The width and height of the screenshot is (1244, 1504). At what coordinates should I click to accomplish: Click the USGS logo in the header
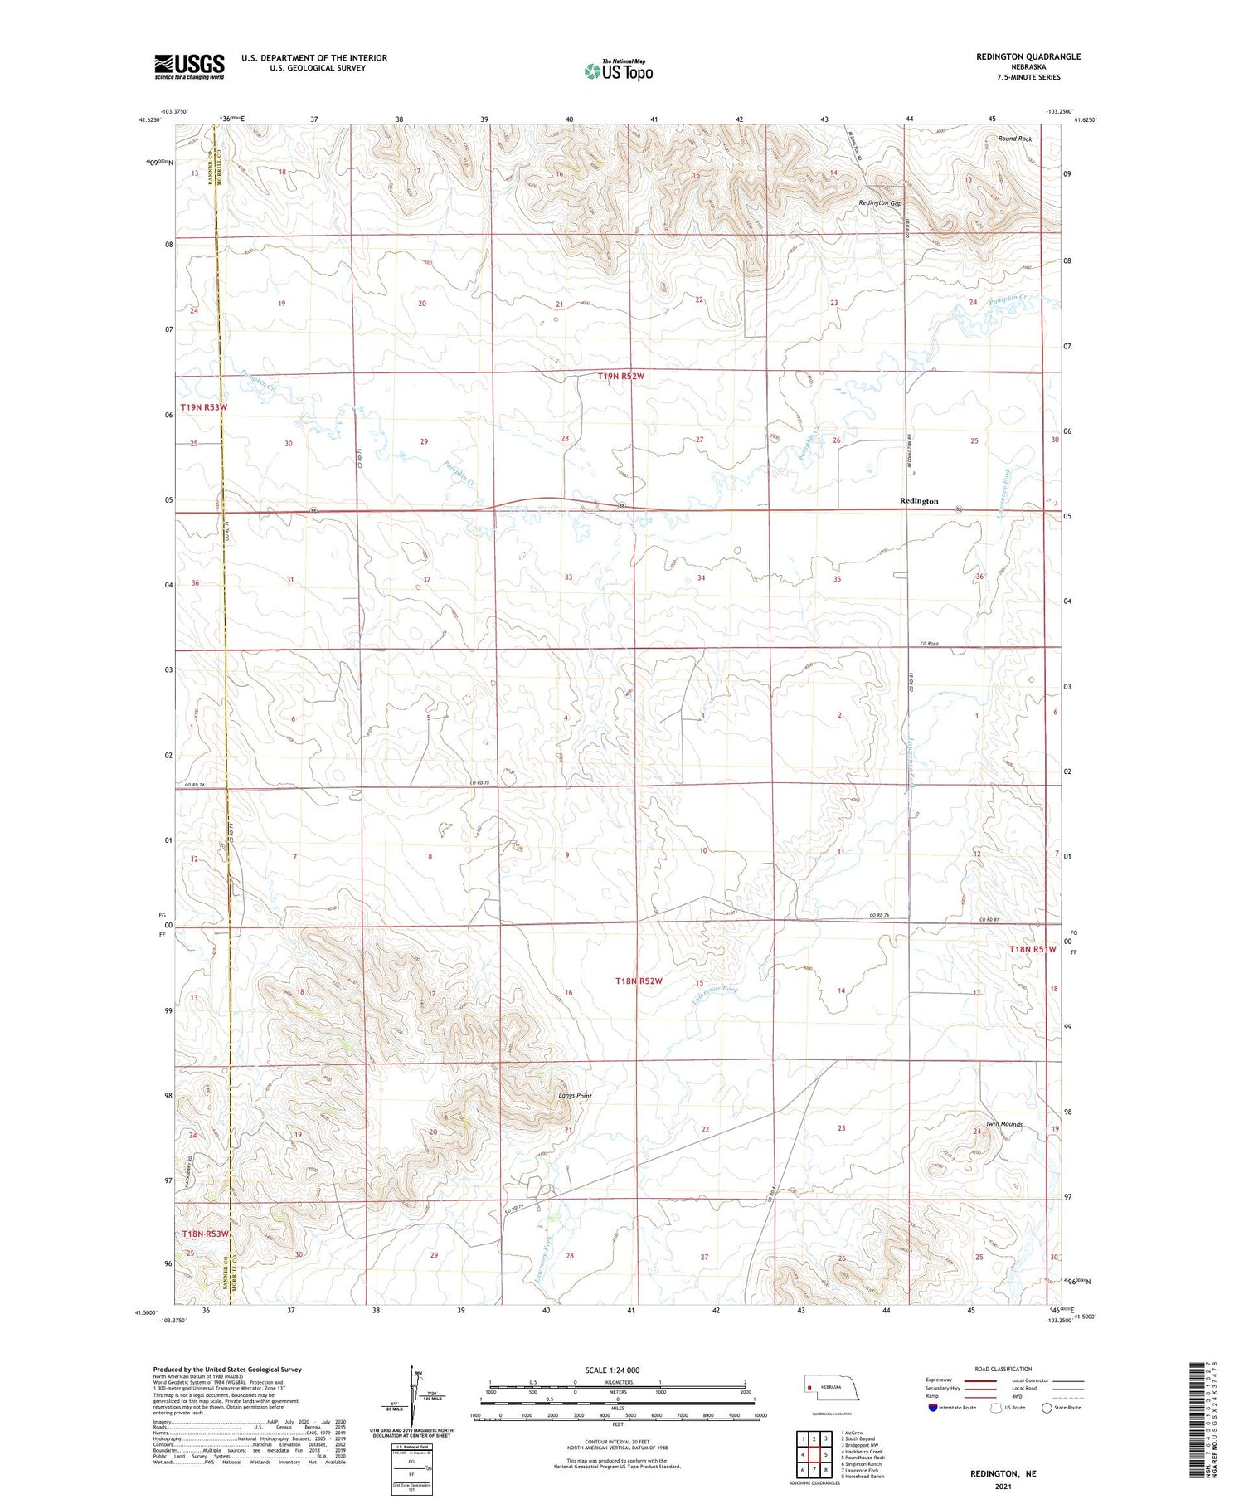189,66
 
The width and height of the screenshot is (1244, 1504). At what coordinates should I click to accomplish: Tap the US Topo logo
618,71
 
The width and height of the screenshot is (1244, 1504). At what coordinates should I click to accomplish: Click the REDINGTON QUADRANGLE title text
1017,56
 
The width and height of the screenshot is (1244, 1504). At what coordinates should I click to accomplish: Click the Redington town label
919,501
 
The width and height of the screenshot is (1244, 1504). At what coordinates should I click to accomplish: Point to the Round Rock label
1014,139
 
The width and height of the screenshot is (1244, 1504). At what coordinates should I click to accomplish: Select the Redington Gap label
880,202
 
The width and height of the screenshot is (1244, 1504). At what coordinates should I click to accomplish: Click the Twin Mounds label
1003,1125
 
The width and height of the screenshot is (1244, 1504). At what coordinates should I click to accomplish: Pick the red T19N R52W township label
620,376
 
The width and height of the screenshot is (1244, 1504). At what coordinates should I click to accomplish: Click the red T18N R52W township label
639,981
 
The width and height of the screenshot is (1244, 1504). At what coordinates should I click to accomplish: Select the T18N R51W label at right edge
1032,949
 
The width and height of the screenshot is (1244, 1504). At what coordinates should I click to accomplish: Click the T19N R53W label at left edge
203,407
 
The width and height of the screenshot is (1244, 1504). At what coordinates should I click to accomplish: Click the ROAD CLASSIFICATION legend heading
1003,1369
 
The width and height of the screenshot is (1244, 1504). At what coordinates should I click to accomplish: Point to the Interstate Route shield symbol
932,1408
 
